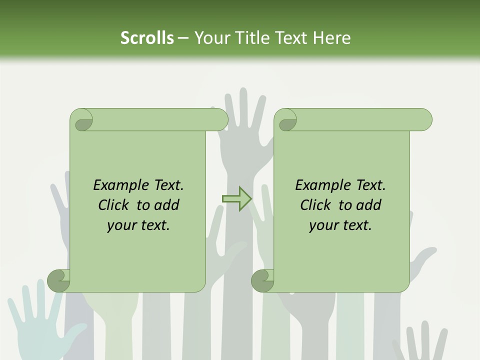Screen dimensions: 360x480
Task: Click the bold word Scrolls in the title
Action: point(147,38)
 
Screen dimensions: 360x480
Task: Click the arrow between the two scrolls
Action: point(236,198)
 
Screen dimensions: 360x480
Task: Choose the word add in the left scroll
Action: point(166,205)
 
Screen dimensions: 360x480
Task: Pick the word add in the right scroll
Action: point(368,205)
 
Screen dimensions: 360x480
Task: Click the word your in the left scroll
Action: point(120,225)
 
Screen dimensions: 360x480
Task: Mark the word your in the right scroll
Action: point(322,225)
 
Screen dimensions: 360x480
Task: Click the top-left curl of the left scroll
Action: point(81,120)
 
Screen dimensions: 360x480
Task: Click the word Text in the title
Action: point(291,38)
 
